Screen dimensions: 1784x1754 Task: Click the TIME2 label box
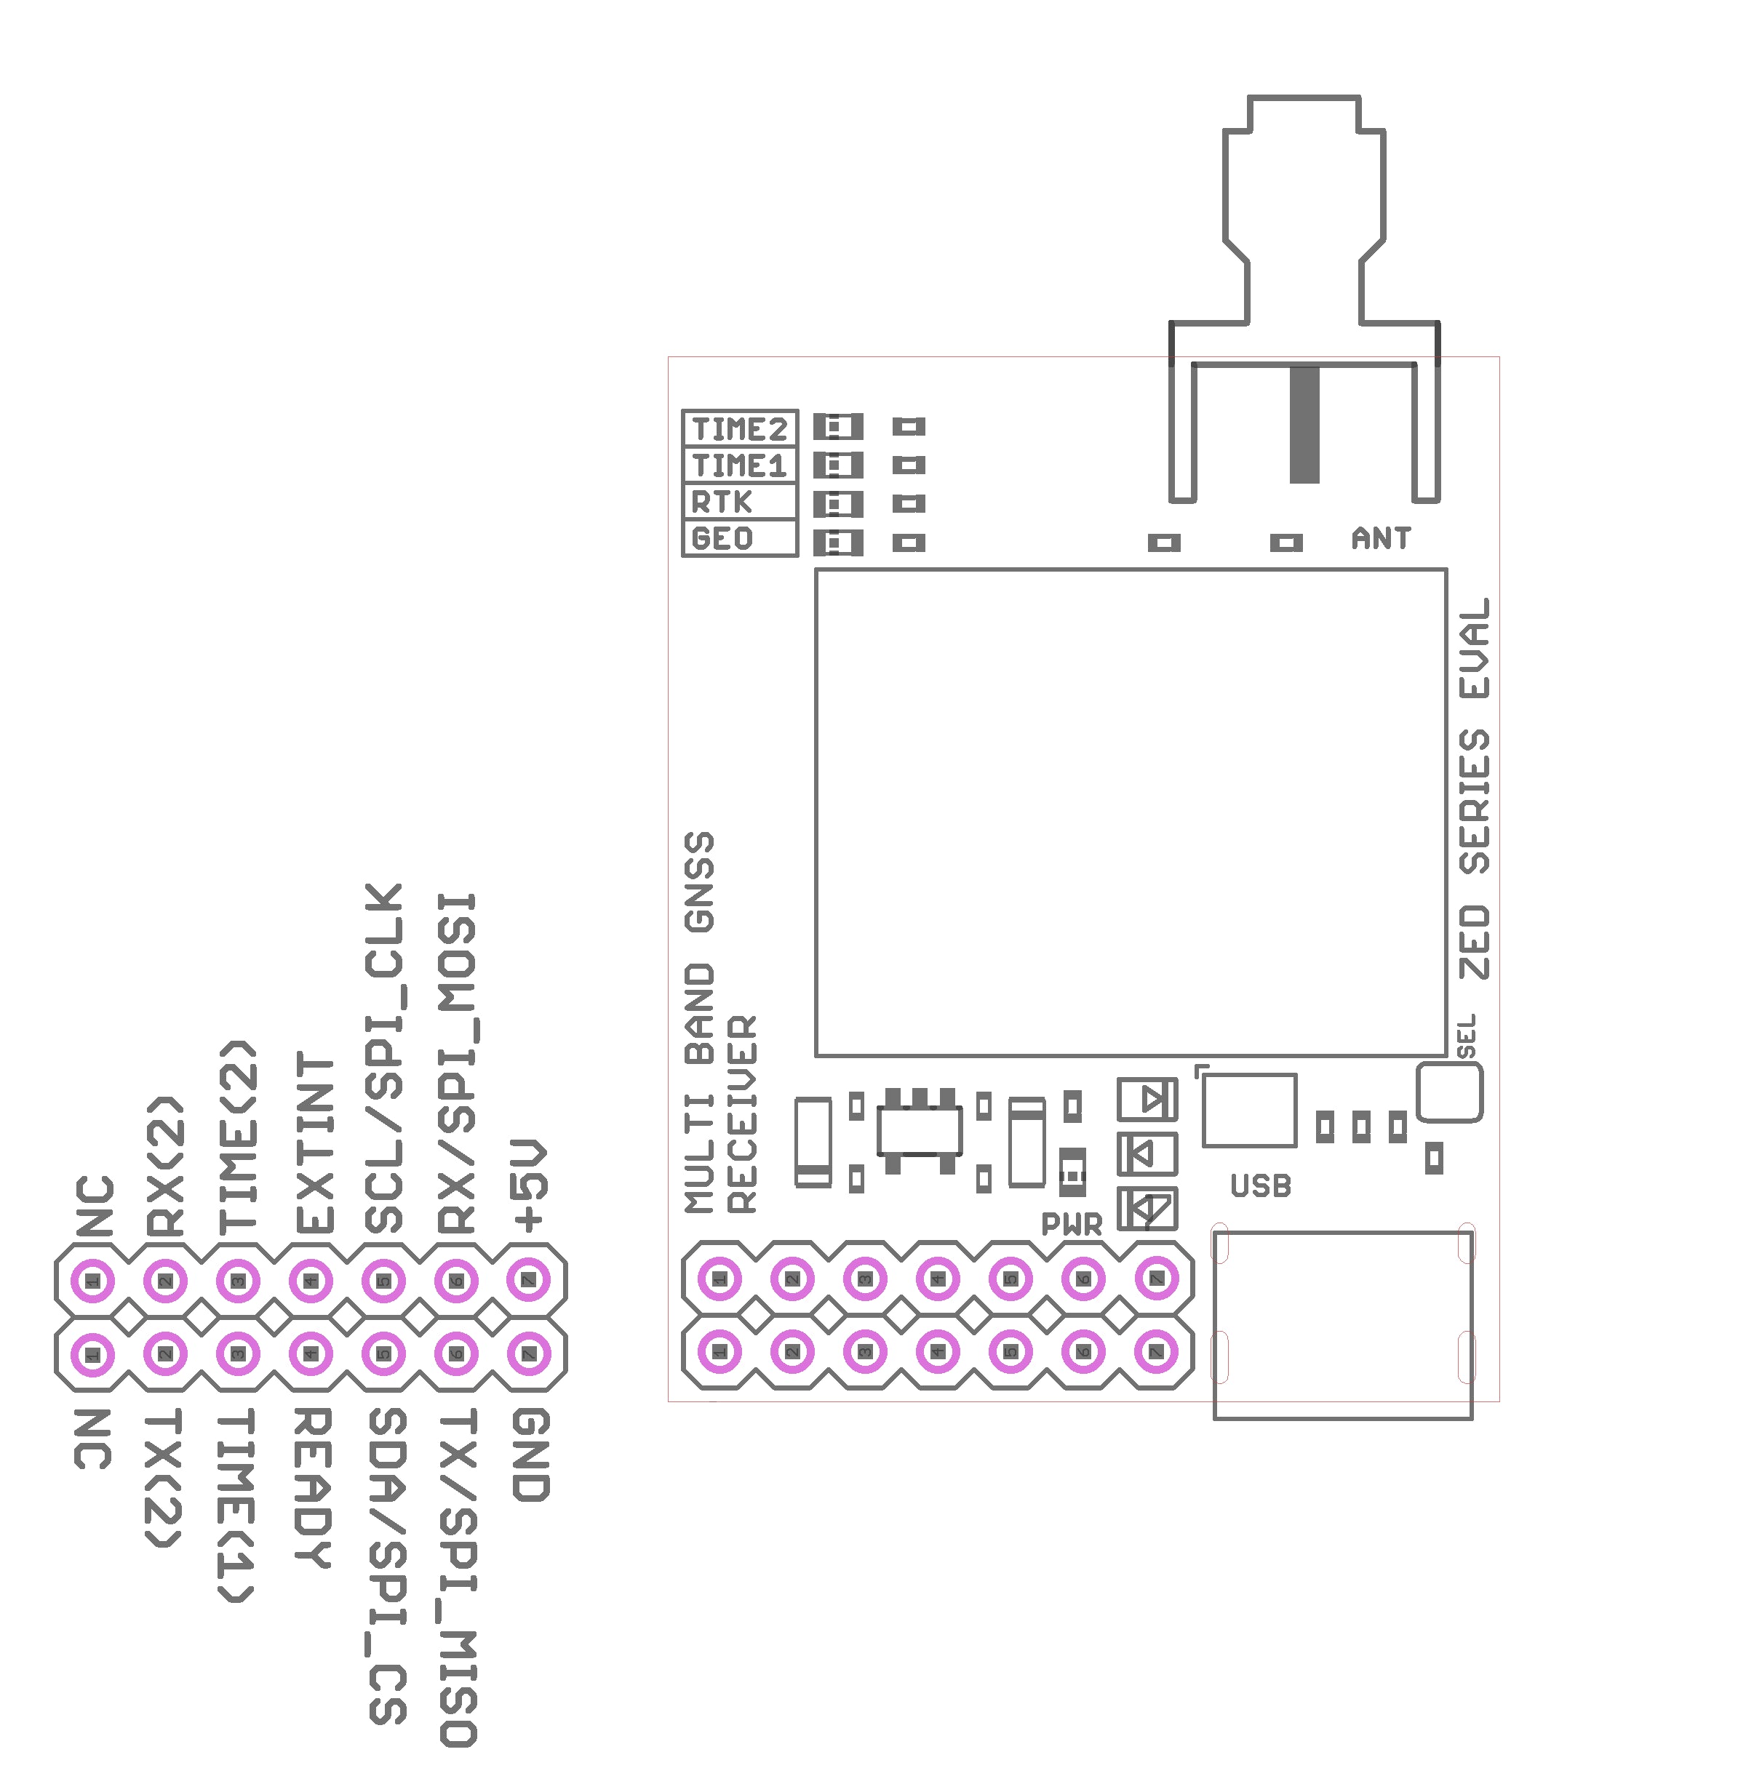[x=739, y=429]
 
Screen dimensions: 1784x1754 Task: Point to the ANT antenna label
[x=1380, y=539]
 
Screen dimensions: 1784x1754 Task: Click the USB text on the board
[x=1260, y=1186]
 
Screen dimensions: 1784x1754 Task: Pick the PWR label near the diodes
[x=1072, y=1224]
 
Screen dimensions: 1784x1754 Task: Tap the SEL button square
[x=1449, y=1092]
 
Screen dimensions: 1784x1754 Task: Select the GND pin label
[x=530, y=1455]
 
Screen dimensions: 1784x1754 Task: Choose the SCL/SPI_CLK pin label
[x=384, y=1059]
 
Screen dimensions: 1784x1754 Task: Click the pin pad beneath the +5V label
[x=529, y=1280]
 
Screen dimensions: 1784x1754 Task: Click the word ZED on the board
[x=1474, y=943]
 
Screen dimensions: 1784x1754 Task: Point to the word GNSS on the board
[x=699, y=881]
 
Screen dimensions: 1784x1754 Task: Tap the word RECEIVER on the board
[x=741, y=1114]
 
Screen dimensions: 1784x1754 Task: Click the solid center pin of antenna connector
[x=1304, y=424]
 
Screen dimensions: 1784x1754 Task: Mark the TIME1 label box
[x=739, y=466]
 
